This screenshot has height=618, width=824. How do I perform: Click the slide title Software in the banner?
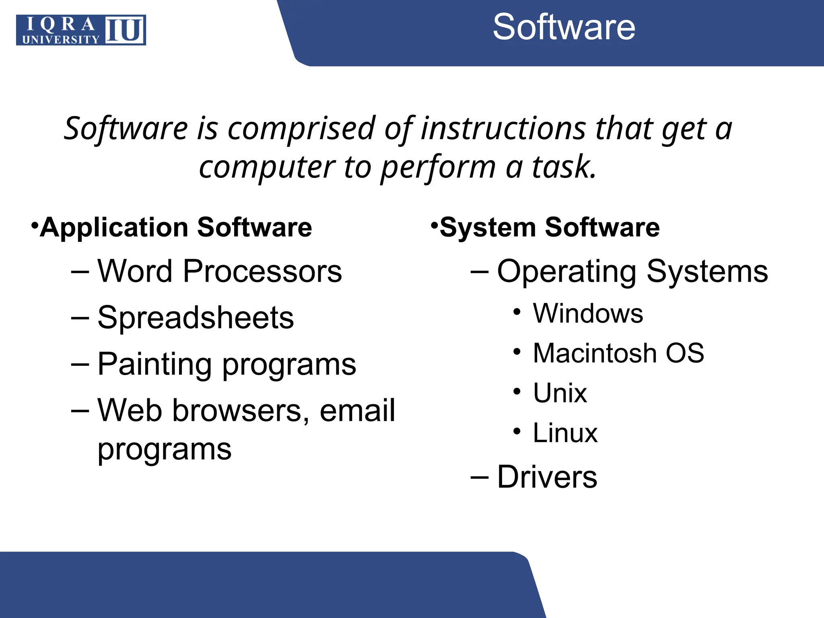coord(564,27)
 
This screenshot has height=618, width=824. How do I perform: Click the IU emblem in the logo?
coord(125,30)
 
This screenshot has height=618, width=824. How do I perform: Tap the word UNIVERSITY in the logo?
coord(61,39)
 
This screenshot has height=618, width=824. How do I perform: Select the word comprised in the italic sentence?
coord(301,129)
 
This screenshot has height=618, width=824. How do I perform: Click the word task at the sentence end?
coord(563,167)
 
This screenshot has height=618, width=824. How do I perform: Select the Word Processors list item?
coord(219,271)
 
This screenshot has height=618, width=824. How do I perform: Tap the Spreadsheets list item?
coord(196,318)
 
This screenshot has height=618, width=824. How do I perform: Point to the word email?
coord(357,410)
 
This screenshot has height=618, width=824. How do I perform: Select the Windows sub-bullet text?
coord(588,313)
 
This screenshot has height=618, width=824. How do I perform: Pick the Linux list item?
coord(565,433)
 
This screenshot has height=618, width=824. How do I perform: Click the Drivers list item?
coord(547,477)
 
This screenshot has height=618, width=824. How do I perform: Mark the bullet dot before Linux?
coord(517,432)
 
